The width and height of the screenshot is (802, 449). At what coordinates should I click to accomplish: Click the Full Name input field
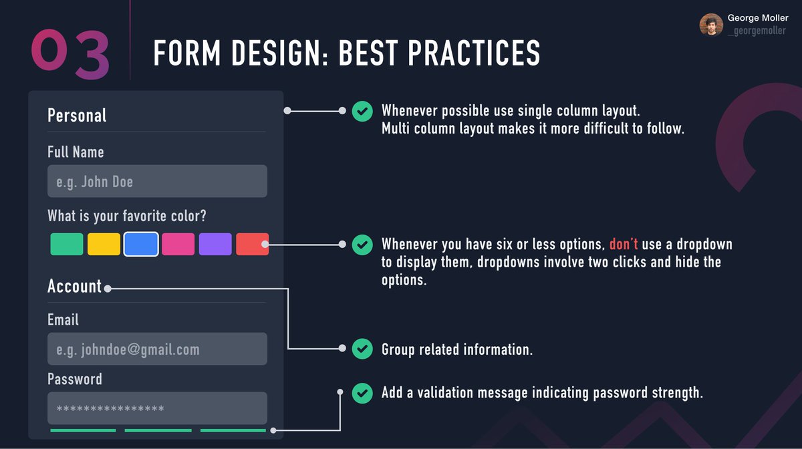157,181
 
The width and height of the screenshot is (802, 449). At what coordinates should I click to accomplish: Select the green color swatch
67,244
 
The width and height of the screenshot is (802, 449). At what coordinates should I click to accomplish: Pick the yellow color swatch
104,244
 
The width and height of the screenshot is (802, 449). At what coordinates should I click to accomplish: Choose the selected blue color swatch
141,244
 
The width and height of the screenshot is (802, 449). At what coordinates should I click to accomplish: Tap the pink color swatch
178,244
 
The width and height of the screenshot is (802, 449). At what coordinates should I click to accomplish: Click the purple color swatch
215,244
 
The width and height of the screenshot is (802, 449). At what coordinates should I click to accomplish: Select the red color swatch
252,244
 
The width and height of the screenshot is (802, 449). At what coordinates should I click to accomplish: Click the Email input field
157,349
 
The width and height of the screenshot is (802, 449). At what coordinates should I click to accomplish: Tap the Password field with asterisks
157,408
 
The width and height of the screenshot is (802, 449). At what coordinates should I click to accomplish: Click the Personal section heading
77,116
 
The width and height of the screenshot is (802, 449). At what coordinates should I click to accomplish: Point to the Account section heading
74,287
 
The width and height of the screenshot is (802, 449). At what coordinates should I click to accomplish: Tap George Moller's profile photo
711,25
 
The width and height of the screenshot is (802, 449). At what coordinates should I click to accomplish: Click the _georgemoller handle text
757,31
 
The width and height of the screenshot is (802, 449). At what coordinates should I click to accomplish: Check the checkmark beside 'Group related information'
362,349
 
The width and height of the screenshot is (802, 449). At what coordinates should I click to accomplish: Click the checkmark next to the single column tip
362,111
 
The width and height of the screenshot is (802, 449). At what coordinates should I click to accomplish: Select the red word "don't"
624,245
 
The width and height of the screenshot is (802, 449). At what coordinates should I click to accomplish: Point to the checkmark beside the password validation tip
362,393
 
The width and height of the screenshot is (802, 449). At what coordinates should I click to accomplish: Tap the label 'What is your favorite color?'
127,216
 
